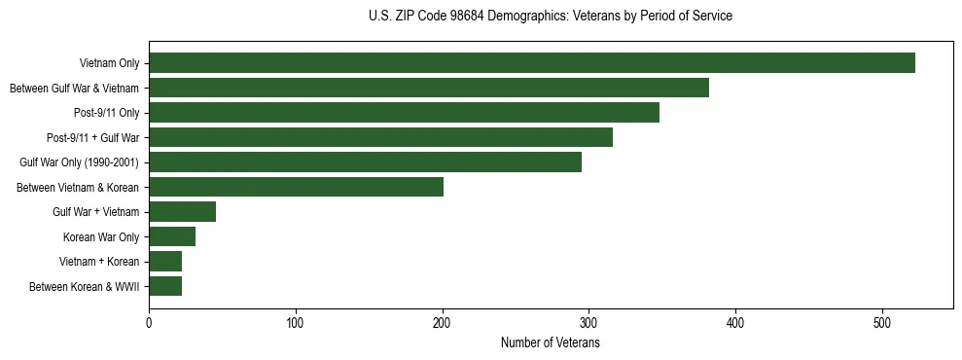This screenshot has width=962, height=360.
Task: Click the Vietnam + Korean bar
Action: [165, 261]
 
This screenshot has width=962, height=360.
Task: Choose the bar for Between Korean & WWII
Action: [165, 286]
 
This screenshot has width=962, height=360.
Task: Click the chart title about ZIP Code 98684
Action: [551, 17]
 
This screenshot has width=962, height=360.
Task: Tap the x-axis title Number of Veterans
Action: [551, 343]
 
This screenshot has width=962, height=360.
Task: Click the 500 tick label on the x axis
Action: [882, 322]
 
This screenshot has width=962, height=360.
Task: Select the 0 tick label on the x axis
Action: [149, 322]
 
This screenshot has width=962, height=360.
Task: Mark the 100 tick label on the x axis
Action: [296, 322]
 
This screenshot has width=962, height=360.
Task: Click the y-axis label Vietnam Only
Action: [109, 63]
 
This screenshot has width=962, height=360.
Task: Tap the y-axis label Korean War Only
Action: [101, 236]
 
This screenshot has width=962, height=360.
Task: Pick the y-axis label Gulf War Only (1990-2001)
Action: [80, 162]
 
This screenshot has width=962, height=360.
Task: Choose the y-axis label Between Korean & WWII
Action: [85, 286]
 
